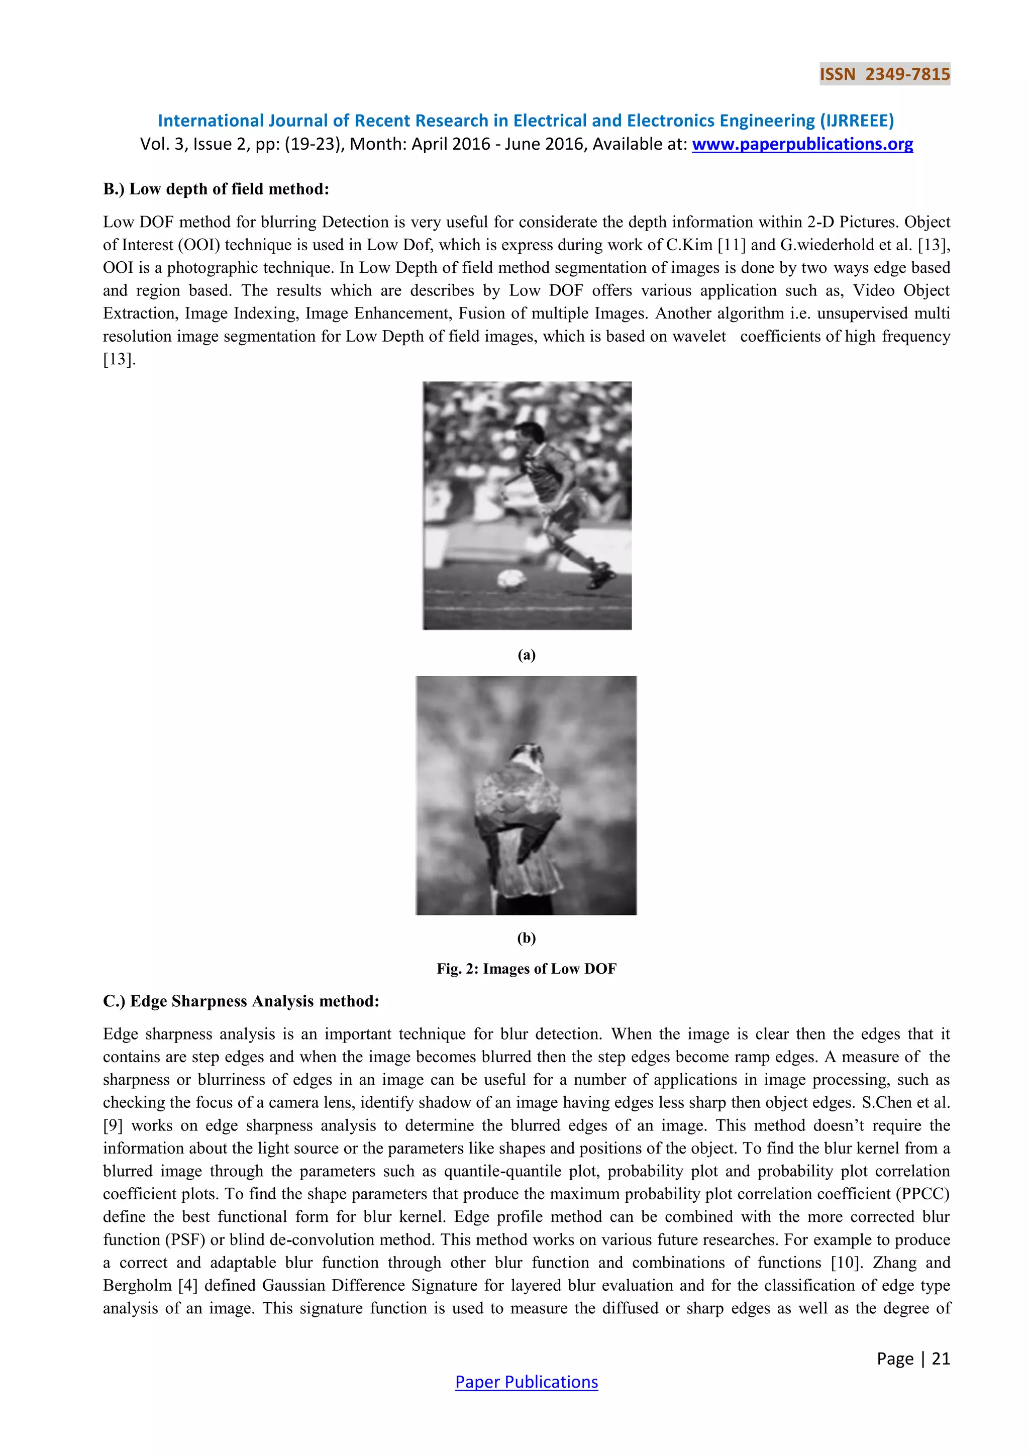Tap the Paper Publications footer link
click(x=526, y=1382)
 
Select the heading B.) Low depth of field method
click(x=216, y=189)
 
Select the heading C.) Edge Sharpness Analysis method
click(x=241, y=1001)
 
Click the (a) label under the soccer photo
click(x=527, y=655)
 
